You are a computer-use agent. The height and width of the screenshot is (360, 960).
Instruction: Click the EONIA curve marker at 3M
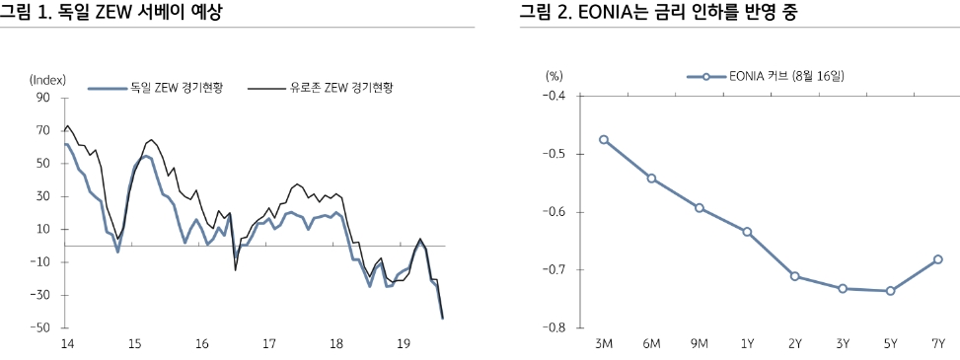point(604,140)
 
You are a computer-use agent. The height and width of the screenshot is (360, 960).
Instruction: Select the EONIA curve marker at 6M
point(651,179)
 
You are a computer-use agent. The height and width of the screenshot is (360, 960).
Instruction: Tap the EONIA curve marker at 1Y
point(747,232)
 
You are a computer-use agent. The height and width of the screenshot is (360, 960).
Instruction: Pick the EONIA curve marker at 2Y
point(794,276)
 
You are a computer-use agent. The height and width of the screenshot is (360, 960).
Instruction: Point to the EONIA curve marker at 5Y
point(890,291)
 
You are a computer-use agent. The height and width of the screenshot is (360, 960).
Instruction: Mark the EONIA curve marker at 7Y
point(938,259)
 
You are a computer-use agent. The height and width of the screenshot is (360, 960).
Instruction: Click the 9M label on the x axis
point(699,344)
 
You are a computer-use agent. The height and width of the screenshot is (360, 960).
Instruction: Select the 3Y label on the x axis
point(843,344)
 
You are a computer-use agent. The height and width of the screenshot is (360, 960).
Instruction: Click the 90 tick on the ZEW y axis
point(41,98)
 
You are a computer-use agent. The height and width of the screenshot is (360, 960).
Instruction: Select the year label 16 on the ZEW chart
point(201,344)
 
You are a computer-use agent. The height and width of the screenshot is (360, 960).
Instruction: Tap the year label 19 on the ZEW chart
point(403,344)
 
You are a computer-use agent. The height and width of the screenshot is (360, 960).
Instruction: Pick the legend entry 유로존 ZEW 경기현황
point(334,88)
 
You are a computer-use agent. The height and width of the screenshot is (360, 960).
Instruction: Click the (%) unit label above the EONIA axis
point(554,76)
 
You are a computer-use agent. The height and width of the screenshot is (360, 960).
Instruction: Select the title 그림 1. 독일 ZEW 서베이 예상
point(111,13)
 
